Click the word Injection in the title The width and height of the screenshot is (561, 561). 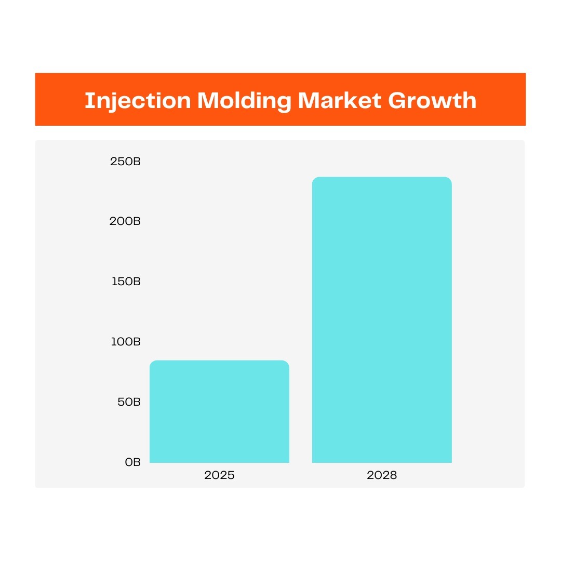click(x=138, y=101)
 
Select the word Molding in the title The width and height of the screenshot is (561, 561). click(x=244, y=101)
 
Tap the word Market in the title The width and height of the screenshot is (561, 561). click(x=340, y=100)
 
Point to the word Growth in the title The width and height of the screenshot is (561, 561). click(x=432, y=100)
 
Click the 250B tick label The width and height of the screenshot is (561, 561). click(x=125, y=162)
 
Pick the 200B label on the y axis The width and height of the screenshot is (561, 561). click(x=125, y=221)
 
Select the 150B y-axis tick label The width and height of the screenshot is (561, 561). click(x=126, y=282)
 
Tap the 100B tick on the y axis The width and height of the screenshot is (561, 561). click(x=126, y=342)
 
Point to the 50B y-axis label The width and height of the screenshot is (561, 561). click(x=129, y=402)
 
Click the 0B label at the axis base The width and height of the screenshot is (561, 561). click(x=133, y=462)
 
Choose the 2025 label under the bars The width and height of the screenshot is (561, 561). click(x=219, y=475)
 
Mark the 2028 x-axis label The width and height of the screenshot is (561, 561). click(x=382, y=475)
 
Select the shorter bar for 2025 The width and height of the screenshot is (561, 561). click(x=219, y=411)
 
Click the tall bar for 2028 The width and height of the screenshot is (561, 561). click(x=382, y=320)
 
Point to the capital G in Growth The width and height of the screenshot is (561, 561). click(x=397, y=100)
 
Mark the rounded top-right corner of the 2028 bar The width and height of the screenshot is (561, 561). click(x=450, y=179)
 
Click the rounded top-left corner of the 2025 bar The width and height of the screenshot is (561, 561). click(x=152, y=363)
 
